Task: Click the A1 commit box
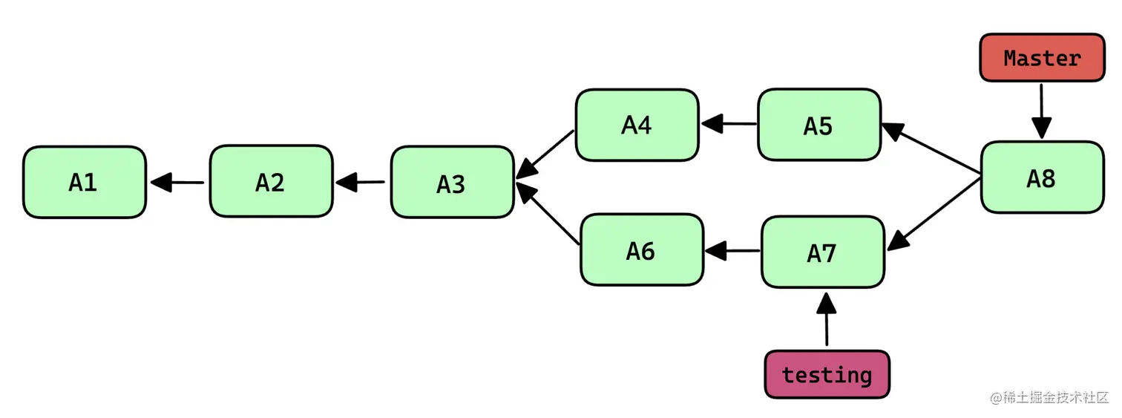[84, 182]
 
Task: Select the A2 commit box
[271, 182]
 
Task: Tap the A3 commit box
[452, 183]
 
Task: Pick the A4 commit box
[637, 125]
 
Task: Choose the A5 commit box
[819, 125]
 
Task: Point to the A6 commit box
[641, 250]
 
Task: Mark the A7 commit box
[823, 252]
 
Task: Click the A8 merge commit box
[1041, 177]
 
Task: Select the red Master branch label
[1042, 57]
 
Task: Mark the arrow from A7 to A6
[733, 251]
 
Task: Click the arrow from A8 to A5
[931, 151]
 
